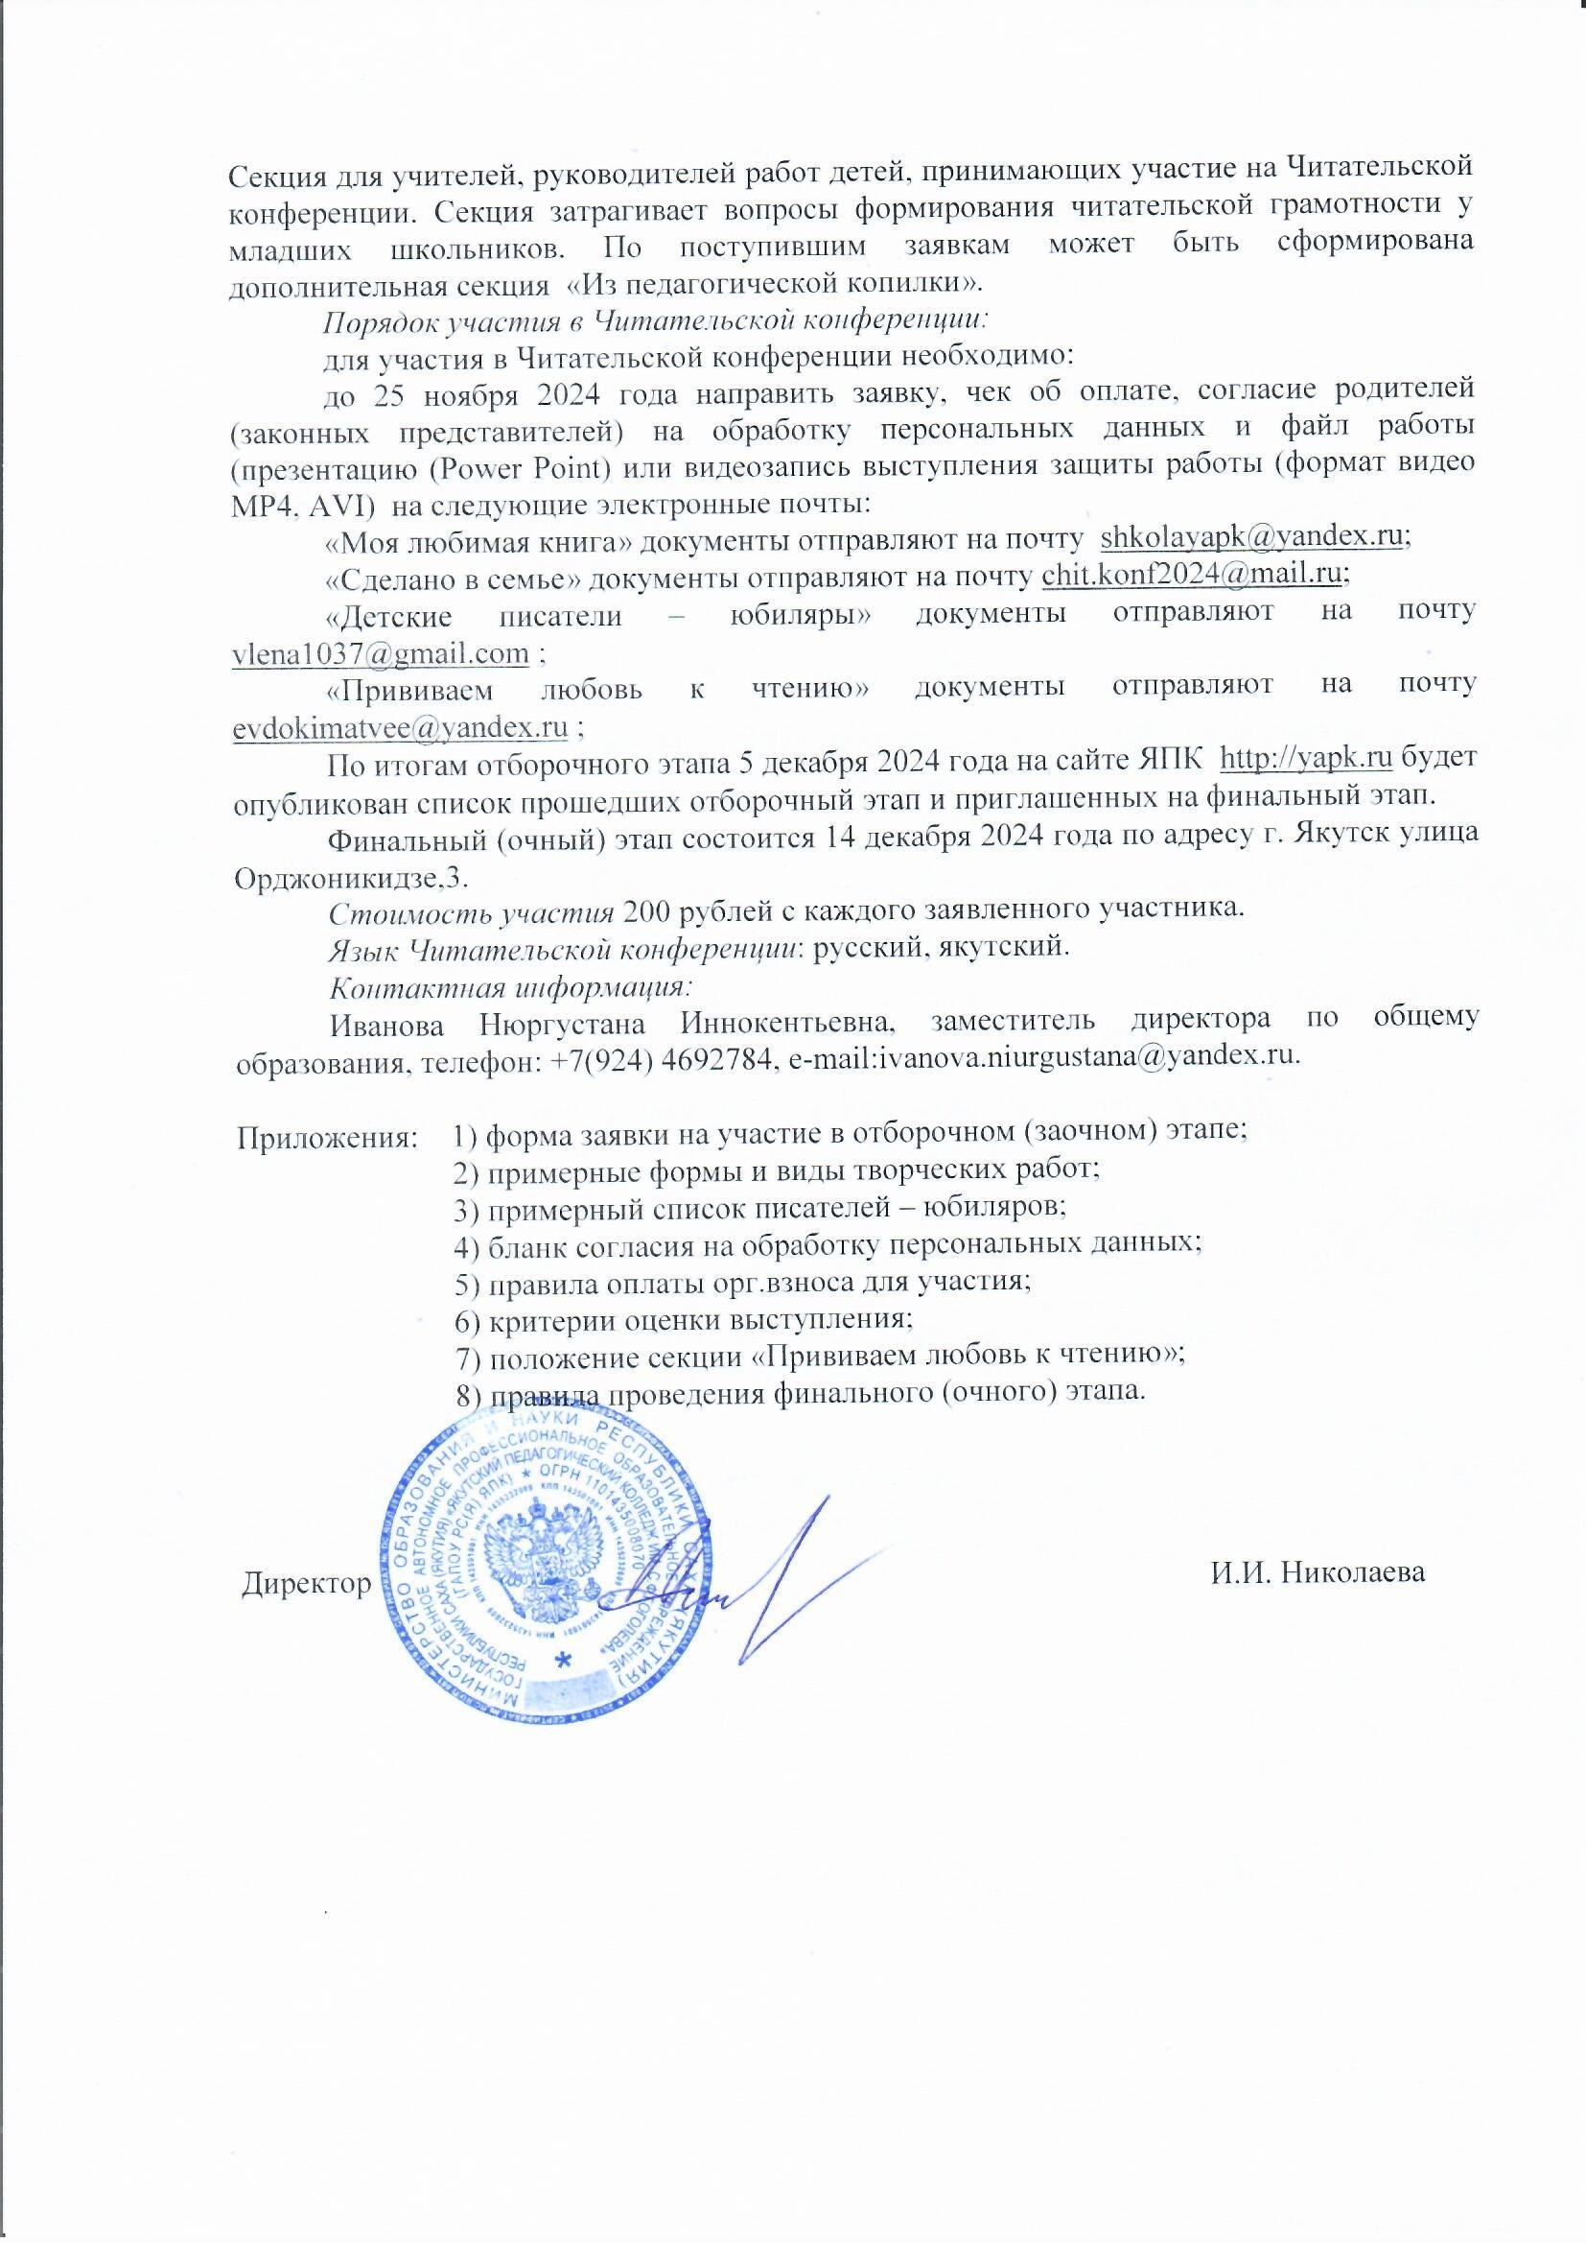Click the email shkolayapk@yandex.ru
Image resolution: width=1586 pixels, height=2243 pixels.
click(x=1254, y=536)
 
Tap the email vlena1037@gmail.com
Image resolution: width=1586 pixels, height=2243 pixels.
click(x=381, y=653)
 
